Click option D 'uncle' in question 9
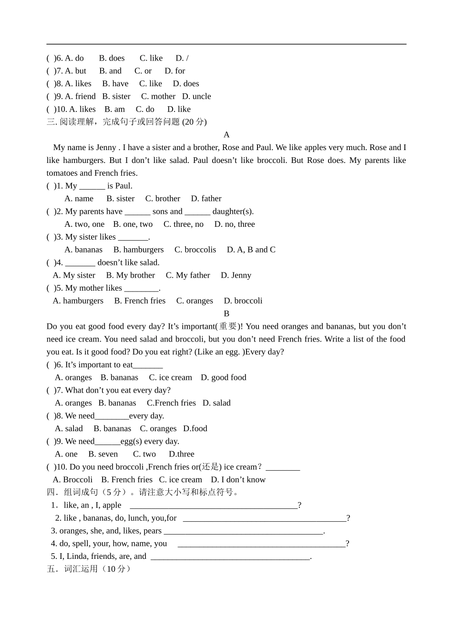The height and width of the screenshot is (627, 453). [x=196, y=96]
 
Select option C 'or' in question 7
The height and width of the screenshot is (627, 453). [x=143, y=71]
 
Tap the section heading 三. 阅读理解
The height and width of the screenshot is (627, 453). [x=126, y=122]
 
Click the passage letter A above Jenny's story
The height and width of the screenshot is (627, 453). [x=226, y=135]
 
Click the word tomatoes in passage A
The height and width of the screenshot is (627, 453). [x=62, y=173]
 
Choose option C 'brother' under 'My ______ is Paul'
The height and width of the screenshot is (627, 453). [x=163, y=199]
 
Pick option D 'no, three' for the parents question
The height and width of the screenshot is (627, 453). [x=234, y=224]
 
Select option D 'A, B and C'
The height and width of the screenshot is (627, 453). [x=251, y=250]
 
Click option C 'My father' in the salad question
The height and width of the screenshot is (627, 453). [x=187, y=275]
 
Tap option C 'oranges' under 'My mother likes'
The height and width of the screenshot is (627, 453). [x=195, y=301]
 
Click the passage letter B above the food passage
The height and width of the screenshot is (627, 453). [x=226, y=313]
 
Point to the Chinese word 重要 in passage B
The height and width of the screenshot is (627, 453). [x=228, y=326]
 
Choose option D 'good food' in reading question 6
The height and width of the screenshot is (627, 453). [x=223, y=377]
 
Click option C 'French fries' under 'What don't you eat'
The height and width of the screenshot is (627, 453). [x=171, y=403]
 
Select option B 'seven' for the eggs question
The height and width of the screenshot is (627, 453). [x=103, y=454]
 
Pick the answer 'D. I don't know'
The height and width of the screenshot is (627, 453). [x=238, y=480]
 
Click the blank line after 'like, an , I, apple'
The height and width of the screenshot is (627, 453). [x=214, y=505]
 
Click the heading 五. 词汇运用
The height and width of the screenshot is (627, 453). [x=89, y=569]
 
